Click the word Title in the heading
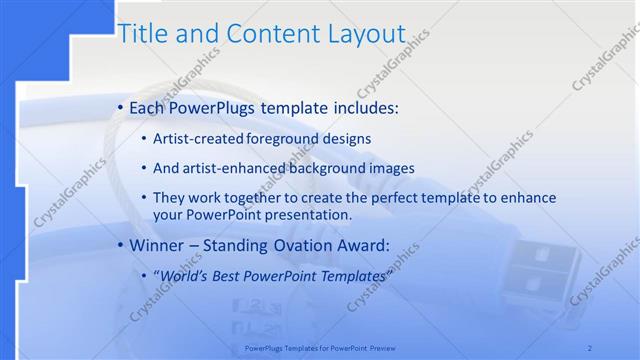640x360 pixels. tap(141, 33)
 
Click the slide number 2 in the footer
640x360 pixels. tap(591, 348)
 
